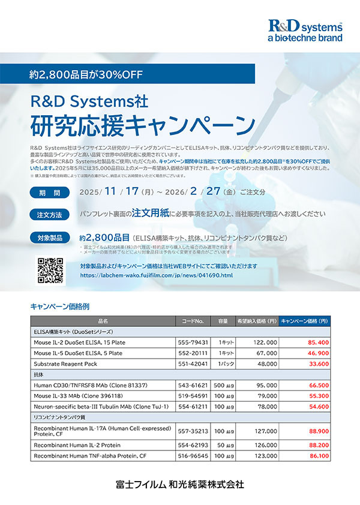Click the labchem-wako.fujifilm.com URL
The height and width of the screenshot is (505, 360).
click(156, 275)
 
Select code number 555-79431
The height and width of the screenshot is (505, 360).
click(193, 342)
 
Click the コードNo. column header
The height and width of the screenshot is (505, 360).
click(193, 321)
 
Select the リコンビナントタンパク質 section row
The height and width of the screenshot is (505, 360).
click(56, 417)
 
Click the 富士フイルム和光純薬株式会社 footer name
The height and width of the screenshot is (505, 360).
click(180, 484)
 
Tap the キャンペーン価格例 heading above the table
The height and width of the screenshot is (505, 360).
click(59, 306)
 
